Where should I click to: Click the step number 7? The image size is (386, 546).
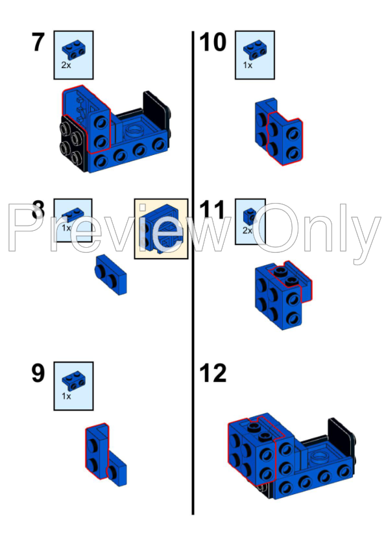click(38, 43)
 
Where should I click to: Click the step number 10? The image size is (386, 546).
click(213, 43)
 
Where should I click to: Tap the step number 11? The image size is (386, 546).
click(213, 211)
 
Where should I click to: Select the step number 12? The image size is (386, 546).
click(213, 374)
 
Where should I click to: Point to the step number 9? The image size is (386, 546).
click(38, 374)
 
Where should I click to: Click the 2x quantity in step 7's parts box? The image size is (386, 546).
click(66, 65)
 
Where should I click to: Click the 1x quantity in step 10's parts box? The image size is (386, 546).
click(247, 65)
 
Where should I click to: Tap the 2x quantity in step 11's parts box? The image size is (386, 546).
click(247, 230)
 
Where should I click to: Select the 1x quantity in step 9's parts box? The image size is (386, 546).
click(66, 396)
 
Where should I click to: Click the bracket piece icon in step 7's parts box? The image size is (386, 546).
click(73, 47)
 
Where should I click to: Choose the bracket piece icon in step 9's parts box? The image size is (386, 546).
click(73, 381)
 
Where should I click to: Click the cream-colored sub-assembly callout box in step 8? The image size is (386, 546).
click(161, 229)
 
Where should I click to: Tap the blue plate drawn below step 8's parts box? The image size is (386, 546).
click(111, 273)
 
